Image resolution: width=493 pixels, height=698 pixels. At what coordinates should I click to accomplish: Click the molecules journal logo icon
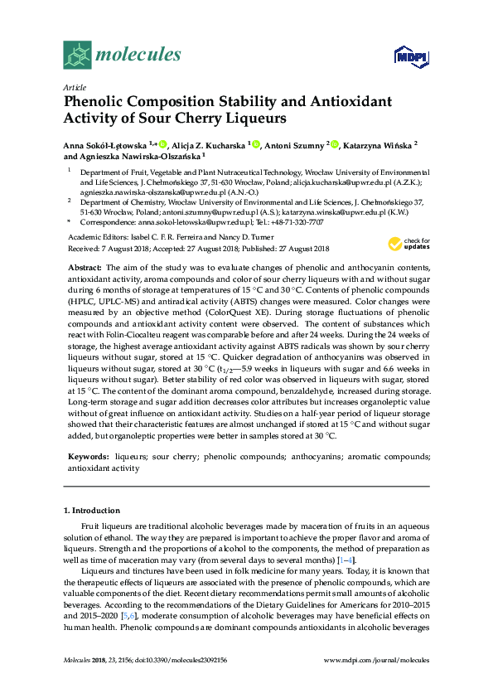point(77,56)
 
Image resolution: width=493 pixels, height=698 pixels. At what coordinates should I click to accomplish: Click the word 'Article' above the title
point(75,86)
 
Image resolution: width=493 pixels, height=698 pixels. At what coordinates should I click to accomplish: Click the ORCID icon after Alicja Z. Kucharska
point(256,145)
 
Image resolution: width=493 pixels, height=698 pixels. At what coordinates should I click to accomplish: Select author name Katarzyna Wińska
point(378,145)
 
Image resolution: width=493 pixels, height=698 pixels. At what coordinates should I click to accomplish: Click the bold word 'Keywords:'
point(87,457)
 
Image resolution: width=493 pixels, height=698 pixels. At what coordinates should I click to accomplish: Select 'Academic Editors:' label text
point(94,236)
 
